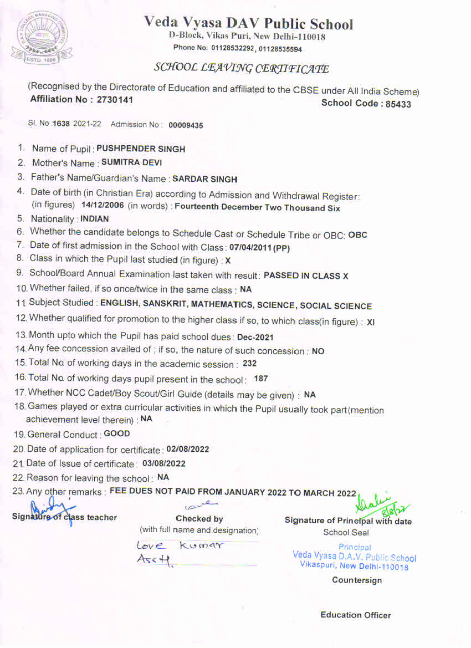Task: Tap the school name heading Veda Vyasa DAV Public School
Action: (248, 23)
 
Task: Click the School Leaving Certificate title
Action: (241, 68)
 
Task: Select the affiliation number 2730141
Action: (115, 100)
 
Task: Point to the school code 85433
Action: (396, 104)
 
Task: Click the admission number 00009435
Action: (186, 125)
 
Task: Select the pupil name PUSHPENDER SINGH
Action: (141, 149)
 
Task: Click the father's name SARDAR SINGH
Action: (205, 179)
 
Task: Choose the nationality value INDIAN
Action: (95, 219)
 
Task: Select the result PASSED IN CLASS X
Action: (306, 276)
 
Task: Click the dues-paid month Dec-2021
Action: (255, 337)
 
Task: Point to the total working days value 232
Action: (250, 364)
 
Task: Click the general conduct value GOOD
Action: (117, 433)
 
